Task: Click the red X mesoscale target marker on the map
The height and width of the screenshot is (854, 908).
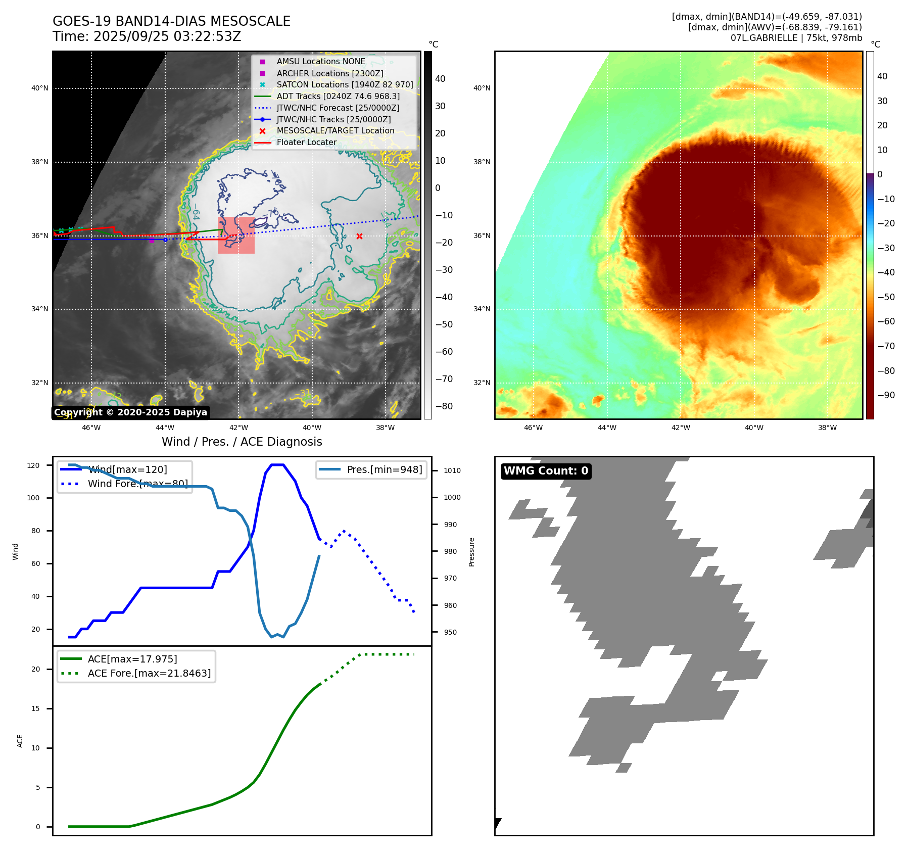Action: click(359, 236)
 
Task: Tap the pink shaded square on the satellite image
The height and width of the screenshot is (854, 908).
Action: click(236, 235)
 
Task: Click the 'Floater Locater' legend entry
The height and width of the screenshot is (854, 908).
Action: click(306, 143)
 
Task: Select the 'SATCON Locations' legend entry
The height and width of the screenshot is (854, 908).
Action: click(345, 84)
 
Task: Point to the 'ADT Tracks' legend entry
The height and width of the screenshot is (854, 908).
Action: click(338, 96)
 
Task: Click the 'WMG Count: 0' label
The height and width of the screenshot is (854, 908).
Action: click(546, 471)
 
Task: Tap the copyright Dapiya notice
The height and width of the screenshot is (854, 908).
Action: click(130, 412)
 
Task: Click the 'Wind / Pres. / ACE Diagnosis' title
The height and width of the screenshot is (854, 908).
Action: click(242, 442)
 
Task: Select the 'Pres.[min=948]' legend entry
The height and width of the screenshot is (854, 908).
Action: click(384, 469)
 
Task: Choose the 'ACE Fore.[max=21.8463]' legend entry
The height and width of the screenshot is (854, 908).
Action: click(149, 673)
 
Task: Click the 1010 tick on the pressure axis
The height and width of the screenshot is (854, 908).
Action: click(452, 470)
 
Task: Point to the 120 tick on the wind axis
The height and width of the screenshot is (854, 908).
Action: click(33, 465)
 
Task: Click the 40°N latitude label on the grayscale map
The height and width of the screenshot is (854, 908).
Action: click(40, 88)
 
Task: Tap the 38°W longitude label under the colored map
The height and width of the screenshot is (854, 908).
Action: click(827, 428)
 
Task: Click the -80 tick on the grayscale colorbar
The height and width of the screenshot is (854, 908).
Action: click(444, 406)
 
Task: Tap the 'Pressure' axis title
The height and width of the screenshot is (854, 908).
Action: click(471, 552)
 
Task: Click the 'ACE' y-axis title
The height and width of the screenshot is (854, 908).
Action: click(20, 741)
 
